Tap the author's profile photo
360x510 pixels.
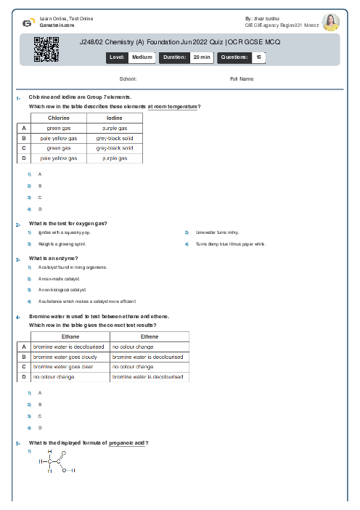(x=330, y=22)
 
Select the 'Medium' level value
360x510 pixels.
(x=142, y=57)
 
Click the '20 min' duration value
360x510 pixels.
(x=201, y=57)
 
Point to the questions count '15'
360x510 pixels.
(x=259, y=57)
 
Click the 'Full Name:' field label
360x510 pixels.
(x=242, y=78)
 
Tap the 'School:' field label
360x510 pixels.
(x=128, y=78)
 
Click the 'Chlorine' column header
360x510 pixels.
(x=59, y=117)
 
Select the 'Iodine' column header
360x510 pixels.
(x=115, y=117)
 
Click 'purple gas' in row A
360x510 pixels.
(x=115, y=127)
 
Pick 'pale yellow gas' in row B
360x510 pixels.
(x=59, y=137)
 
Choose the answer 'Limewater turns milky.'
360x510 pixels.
(x=216, y=232)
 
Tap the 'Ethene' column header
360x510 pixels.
(x=149, y=336)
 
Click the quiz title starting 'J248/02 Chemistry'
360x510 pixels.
(x=179, y=43)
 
